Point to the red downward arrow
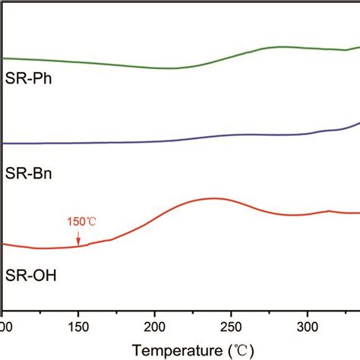click(x=77, y=238)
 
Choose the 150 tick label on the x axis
click(x=78, y=326)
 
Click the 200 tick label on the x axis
click(x=154, y=326)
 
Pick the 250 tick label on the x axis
click(x=231, y=326)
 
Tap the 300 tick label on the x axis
click(x=307, y=326)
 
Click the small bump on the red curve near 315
click(x=328, y=210)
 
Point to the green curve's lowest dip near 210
click(x=161, y=68)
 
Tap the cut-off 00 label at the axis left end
click(x=6, y=326)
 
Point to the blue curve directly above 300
click(x=307, y=134)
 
